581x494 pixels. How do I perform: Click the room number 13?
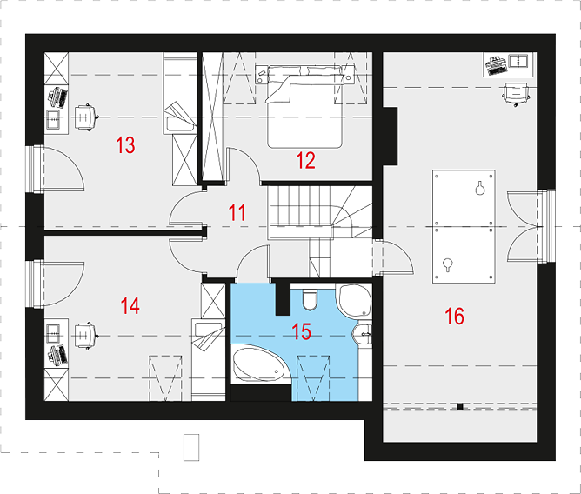125,145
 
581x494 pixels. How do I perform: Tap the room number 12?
305,161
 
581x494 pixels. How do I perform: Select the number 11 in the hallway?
237,212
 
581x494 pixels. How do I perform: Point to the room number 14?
130,306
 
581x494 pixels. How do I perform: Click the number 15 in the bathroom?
301,331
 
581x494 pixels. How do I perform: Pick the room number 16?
454,316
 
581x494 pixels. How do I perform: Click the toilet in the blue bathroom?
310,299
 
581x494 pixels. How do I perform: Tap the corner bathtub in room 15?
258,364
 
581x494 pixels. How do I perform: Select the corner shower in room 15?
353,301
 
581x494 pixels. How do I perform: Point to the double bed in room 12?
304,107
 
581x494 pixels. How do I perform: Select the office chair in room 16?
516,94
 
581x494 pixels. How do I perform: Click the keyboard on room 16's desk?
497,64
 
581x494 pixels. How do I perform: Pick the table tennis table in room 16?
464,226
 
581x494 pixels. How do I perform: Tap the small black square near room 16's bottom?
460,406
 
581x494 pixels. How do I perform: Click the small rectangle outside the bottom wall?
191,447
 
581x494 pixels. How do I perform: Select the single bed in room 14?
208,359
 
